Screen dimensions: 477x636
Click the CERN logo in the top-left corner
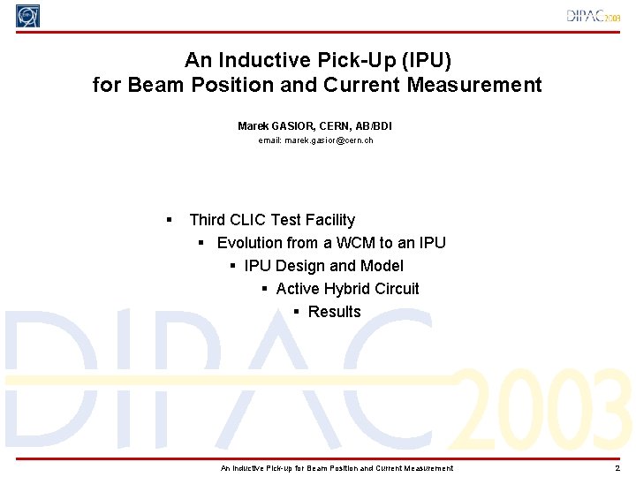(28, 16)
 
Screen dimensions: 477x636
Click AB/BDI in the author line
(373, 126)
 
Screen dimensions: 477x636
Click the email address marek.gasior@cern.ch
(315, 140)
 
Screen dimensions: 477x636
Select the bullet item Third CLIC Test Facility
(272, 220)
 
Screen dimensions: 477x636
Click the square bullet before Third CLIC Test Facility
(170, 220)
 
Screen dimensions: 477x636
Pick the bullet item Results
(334, 312)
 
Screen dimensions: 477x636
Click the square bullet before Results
(298, 312)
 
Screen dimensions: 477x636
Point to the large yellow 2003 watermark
(546, 408)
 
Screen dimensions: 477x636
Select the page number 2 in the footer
(617, 468)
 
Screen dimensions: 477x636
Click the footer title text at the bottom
(337, 468)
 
